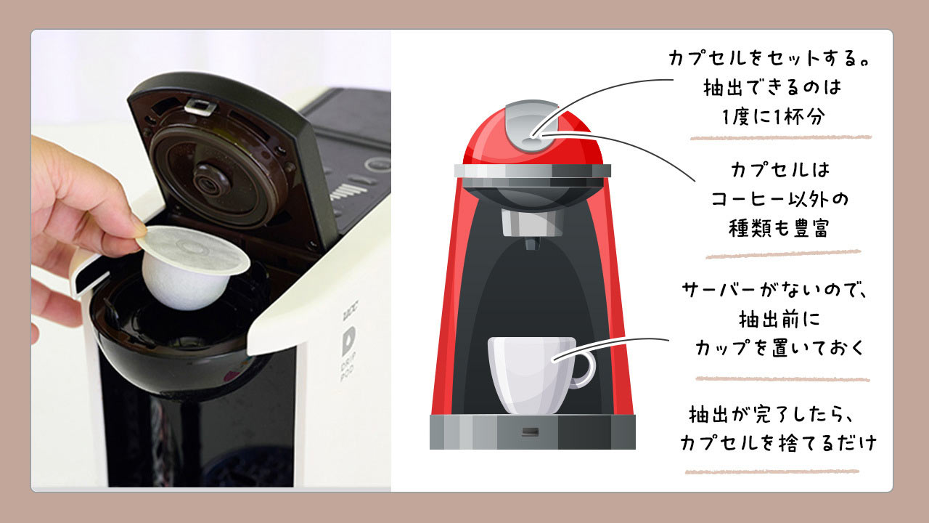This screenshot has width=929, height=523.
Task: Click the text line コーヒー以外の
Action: tap(779, 199)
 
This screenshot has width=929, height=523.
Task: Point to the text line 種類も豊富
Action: tap(779, 227)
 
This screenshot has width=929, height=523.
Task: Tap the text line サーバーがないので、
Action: tap(776, 291)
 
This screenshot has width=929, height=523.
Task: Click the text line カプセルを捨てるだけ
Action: tap(779, 443)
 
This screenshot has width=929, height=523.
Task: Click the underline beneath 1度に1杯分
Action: tap(780, 137)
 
